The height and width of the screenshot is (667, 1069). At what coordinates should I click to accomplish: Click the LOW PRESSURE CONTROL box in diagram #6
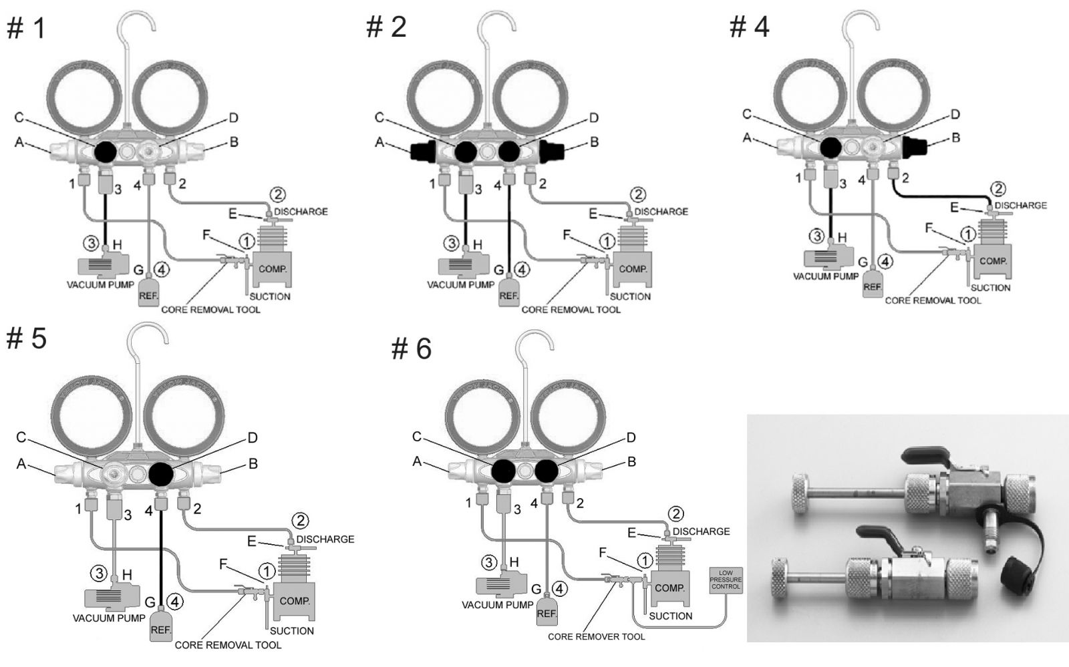click(x=726, y=580)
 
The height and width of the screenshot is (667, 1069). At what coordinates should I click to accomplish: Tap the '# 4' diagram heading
click(x=749, y=27)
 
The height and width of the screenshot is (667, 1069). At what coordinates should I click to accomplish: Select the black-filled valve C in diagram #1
click(x=104, y=152)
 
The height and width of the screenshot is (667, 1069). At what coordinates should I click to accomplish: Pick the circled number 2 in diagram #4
click(x=999, y=190)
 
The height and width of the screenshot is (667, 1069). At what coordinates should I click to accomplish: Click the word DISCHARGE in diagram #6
click(x=701, y=531)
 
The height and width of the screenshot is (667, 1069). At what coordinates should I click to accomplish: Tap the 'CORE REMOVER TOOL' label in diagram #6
click(x=596, y=637)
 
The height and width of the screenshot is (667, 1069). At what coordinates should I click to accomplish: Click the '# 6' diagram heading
click(x=411, y=349)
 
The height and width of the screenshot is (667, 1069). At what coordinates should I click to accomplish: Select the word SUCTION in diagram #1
click(x=270, y=296)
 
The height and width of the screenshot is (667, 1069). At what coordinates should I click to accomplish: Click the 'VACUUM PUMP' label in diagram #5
click(x=108, y=618)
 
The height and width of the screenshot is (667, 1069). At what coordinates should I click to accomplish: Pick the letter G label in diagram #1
click(x=138, y=270)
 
